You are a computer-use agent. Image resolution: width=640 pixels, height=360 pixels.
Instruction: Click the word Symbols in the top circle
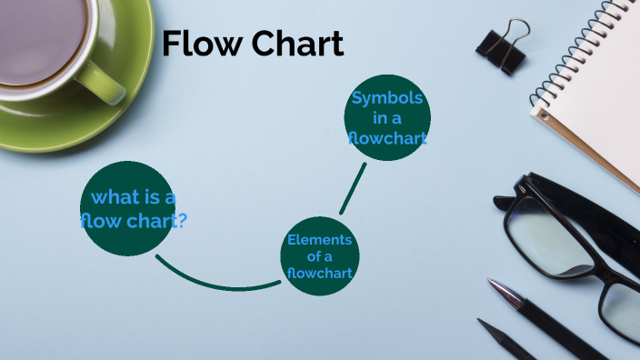387,98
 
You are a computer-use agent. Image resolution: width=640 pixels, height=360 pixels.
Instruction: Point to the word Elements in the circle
319,239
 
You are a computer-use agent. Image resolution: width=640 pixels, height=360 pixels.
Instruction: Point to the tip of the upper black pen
491,283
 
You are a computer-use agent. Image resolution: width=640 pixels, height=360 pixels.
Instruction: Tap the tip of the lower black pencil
482,323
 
